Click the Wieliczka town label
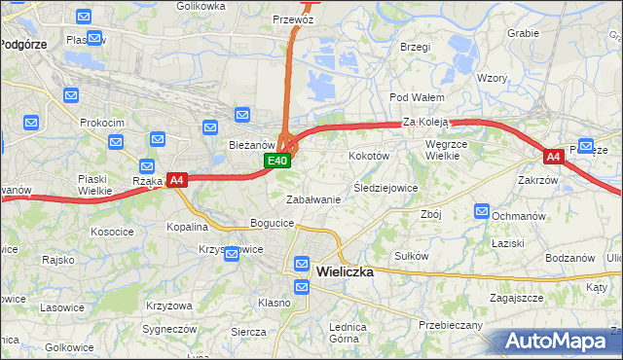[345, 272]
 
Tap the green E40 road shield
[277, 162]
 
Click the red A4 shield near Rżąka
[176, 180]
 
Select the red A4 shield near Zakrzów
[553, 156]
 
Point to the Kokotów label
[369, 156]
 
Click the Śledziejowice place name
[385, 188]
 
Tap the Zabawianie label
[312, 199]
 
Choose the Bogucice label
[273, 223]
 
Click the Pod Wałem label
[417, 97]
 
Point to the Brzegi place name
[415, 47]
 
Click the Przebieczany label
[450, 325]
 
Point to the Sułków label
[412, 255]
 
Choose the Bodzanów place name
[570, 258]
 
